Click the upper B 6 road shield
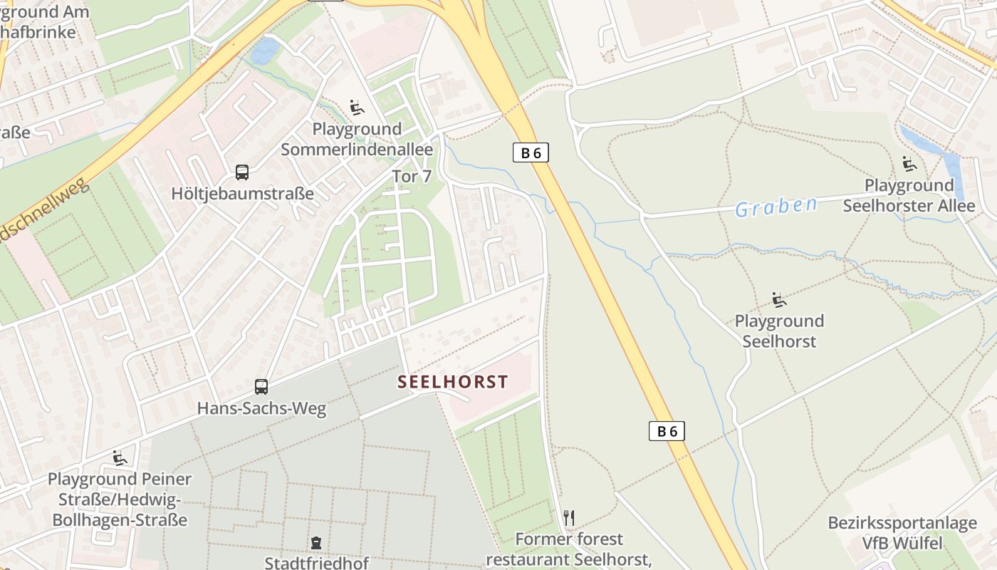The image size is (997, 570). pyautogui.click(x=531, y=152)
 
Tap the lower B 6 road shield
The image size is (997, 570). pyautogui.click(x=667, y=430)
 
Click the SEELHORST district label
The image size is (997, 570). pyautogui.click(x=453, y=382)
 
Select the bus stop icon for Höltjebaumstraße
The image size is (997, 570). pyautogui.click(x=242, y=172)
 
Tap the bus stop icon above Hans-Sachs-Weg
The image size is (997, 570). pyautogui.click(x=261, y=387)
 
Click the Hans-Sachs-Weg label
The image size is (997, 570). pyautogui.click(x=261, y=408)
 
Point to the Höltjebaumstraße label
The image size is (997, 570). pyautogui.click(x=242, y=193)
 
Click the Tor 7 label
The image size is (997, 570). pyautogui.click(x=412, y=177)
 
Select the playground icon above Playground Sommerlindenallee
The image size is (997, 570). pyautogui.click(x=357, y=108)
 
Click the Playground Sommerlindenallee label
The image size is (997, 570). pyautogui.click(x=357, y=140)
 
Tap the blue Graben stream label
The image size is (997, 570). pyautogui.click(x=776, y=207)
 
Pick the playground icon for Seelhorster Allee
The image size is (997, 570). pyautogui.click(x=909, y=164)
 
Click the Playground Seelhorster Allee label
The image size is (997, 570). pyautogui.click(x=909, y=196)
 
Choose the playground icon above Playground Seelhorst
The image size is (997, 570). pyautogui.click(x=779, y=299)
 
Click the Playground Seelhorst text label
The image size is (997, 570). pyautogui.click(x=779, y=331)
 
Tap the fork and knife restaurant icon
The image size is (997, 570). pyautogui.click(x=568, y=518)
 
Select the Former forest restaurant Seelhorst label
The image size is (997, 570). pyautogui.click(x=568, y=549)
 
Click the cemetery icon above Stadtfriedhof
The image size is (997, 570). pyautogui.click(x=316, y=543)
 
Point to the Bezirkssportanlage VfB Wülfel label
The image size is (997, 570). pyautogui.click(x=902, y=533)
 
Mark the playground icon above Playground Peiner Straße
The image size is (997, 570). pyautogui.click(x=119, y=457)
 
